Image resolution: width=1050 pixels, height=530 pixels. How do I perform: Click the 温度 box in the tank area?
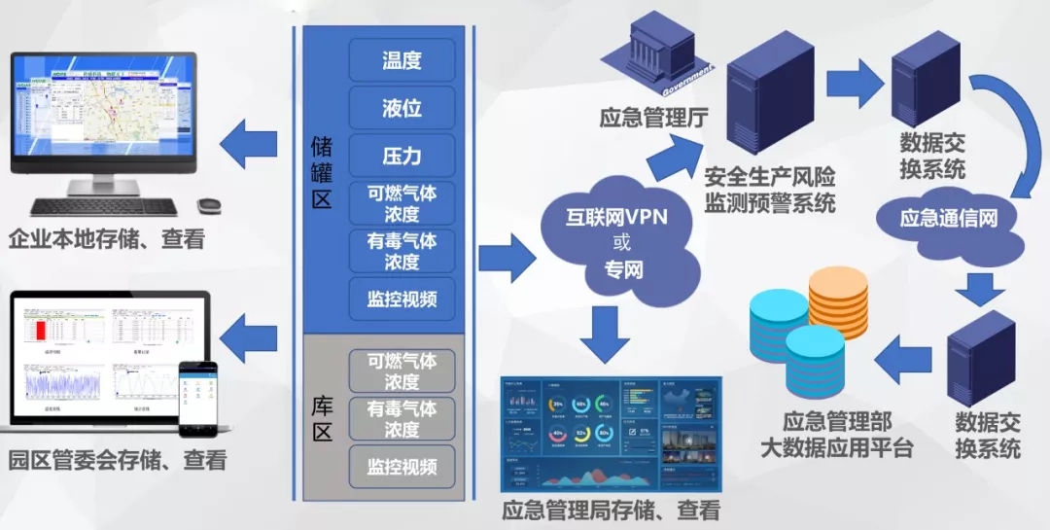pos(402,60)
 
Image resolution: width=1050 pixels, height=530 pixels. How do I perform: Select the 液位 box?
pos(402,108)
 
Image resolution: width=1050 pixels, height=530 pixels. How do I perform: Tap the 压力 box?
pos(402,156)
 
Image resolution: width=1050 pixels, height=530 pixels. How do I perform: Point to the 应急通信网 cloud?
pos(949,218)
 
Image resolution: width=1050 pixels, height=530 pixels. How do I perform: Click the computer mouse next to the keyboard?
pos(209,206)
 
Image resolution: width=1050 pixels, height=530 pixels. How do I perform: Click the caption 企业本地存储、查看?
pos(107,238)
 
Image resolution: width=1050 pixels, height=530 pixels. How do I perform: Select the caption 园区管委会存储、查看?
pos(117,460)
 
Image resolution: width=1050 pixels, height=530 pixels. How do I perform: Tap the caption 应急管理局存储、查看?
pos(612,509)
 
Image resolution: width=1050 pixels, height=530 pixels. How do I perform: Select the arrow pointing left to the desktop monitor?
pos(248,146)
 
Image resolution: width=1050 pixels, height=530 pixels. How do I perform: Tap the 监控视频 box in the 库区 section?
pos(402,466)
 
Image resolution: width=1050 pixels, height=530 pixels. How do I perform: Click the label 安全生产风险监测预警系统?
pos(770,191)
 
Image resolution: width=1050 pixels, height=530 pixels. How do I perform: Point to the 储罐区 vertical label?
pos(322,173)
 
